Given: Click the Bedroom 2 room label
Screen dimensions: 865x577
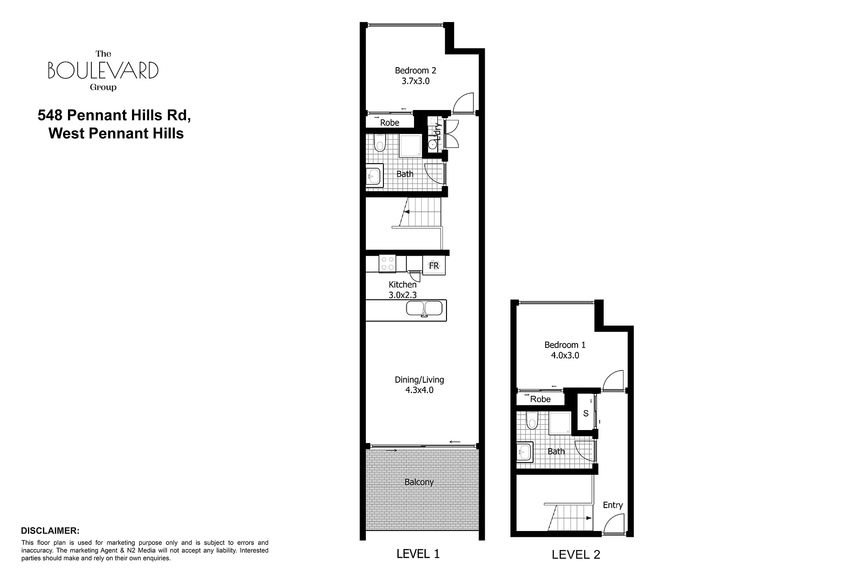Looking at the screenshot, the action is click(x=415, y=70).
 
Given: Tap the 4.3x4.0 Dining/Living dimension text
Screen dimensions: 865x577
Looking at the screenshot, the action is click(x=419, y=390).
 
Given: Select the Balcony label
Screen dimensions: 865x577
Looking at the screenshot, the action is click(x=419, y=482).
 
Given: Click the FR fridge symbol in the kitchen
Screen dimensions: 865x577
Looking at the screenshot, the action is click(x=434, y=266).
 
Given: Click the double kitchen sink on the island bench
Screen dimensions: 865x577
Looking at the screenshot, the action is click(x=424, y=309).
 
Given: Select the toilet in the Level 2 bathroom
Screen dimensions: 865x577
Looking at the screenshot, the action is click(x=532, y=421).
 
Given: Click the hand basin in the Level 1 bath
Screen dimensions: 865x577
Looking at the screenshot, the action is click(x=374, y=175).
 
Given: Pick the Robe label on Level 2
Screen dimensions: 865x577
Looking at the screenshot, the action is click(x=540, y=399).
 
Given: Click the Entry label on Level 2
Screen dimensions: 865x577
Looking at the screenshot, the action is click(x=613, y=505).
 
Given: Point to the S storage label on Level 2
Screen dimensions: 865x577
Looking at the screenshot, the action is click(x=586, y=413).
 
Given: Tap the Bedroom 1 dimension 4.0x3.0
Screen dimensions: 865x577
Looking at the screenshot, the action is click(x=565, y=355).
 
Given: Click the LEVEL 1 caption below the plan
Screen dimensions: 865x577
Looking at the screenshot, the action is click(x=418, y=554).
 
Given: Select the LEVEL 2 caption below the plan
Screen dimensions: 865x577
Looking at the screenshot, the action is click(x=576, y=554).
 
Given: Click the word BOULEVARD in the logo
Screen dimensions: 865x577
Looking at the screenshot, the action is click(x=103, y=70).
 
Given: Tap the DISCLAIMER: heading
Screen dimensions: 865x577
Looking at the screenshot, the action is click(x=50, y=531).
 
